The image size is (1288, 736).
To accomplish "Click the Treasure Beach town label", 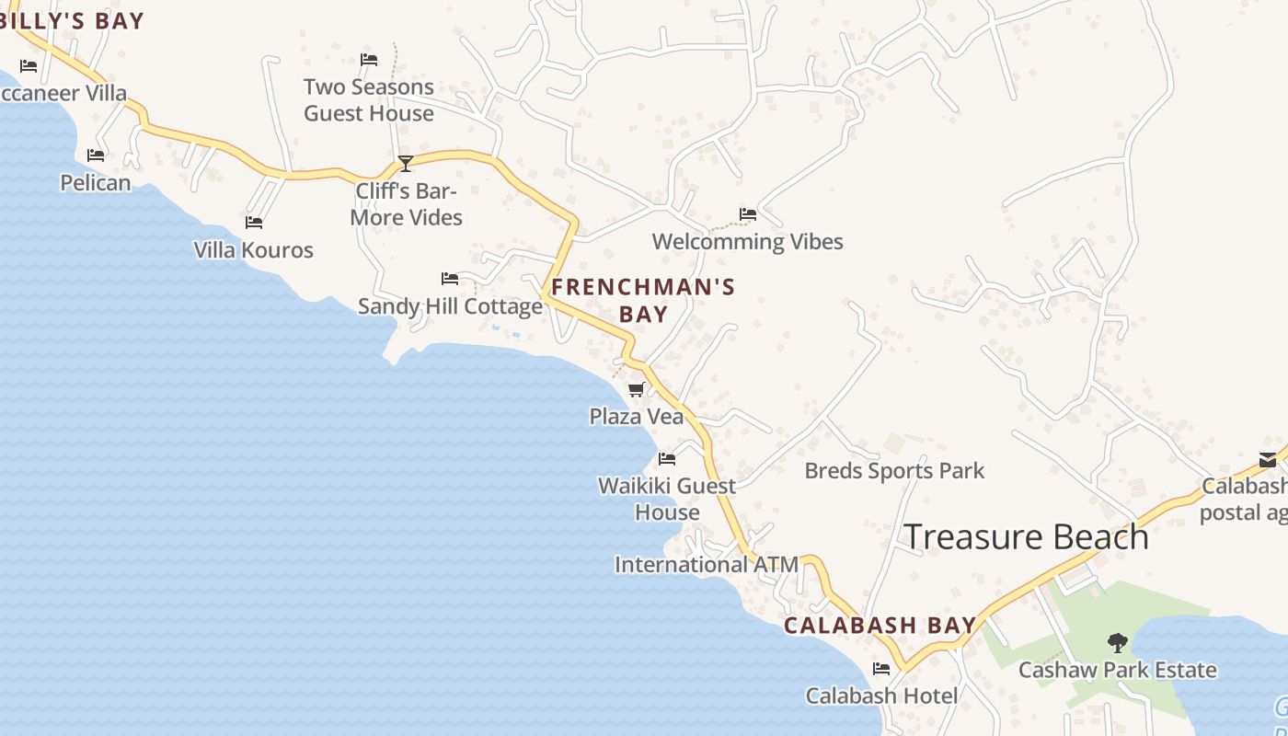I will pyautogui.click(x=1027, y=537).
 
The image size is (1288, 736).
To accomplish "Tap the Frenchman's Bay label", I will pyautogui.click(x=643, y=300).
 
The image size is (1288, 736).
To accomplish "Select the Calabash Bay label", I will pyautogui.click(x=880, y=626).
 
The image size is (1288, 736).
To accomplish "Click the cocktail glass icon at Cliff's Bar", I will pyautogui.click(x=405, y=164).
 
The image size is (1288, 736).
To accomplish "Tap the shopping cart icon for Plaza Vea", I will pyautogui.click(x=636, y=390).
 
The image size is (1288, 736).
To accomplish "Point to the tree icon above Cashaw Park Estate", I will pyautogui.click(x=1118, y=642).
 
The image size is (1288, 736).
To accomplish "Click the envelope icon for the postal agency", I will pyautogui.click(x=1268, y=459).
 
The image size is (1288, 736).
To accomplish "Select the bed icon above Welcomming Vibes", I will pyautogui.click(x=748, y=214).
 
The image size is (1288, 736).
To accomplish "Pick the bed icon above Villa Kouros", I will pyautogui.click(x=254, y=223).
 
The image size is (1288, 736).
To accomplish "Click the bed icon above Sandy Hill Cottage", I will pyautogui.click(x=450, y=278).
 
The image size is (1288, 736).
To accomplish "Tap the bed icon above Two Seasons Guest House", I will pyautogui.click(x=369, y=60).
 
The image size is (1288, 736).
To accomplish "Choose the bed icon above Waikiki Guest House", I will pyautogui.click(x=667, y=458).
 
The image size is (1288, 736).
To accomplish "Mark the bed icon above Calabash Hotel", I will pyautogui.click(x=881, y=669).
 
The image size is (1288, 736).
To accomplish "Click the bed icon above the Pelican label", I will pyautogui.click(x=96, y=155).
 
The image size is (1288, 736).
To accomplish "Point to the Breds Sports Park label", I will pyautogui.click(x=894, y=471).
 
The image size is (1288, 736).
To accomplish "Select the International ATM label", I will pyautogui.click(x=706, y=565).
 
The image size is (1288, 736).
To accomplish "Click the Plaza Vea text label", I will pyautogui.click(x=637, y=417).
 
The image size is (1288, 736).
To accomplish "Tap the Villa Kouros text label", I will pyautogui.click(x=253, y=250).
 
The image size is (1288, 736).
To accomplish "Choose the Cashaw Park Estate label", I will pyautogui.click(x=1117, y=670).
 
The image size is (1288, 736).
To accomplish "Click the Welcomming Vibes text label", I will pyautogui.click(x=747, y=242).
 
